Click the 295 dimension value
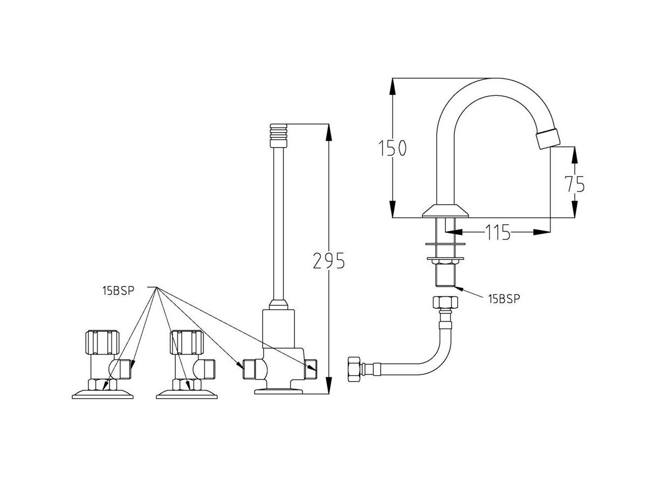pyautogui.click(x=328, y=261)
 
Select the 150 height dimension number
pyautogui.click(x=391, y=148)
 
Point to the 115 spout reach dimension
pyautogui.click(x=497, y=233)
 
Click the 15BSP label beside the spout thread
pyautogui.click(x=504, y=299)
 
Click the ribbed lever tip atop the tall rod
pyautogui.click(x=278, y=135)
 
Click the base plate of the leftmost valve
pyautogui.click(x=102, y=394)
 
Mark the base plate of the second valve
pyautogui.click(x=187, y=394)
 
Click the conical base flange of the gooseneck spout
pyautogui.click(x=446, y=211)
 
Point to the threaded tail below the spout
pyautogui.click(x=446, y=276)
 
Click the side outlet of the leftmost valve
pyautogui.click(x=125, y=369)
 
